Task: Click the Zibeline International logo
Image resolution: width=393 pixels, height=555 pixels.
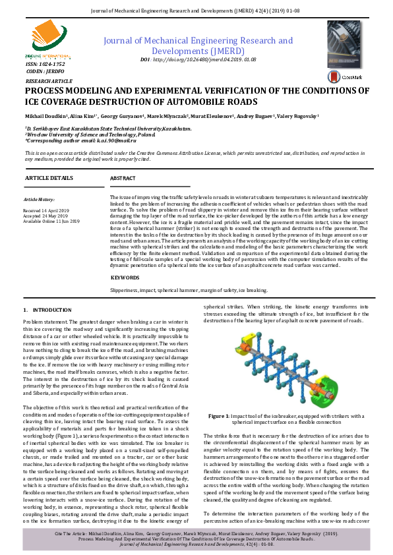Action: [x=43, y=47]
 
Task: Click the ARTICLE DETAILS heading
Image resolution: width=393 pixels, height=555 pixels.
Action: [x=49, y=179]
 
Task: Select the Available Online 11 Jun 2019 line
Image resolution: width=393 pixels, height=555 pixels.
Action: [x=51, y=221]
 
